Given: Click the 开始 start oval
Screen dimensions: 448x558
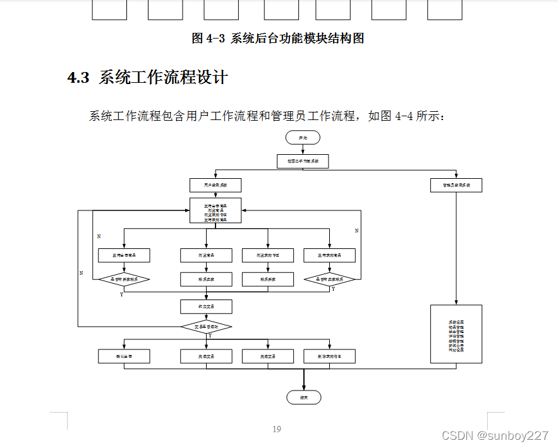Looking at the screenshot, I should pos(303,137).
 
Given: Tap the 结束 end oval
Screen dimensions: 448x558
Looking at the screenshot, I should pos(303,397).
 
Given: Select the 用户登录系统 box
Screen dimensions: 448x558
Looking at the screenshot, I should pos(215,185).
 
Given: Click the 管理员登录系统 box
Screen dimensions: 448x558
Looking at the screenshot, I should pos(456,185).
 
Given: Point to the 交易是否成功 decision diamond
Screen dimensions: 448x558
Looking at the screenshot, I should pos(206,327).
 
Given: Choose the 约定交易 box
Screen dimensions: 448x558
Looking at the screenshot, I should pos(206,307).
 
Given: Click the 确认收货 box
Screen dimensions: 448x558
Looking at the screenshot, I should pos(124,356).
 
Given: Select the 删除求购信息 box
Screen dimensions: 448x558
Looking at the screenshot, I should pos(329,356).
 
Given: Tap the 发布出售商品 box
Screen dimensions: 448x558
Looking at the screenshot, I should pos(124,255).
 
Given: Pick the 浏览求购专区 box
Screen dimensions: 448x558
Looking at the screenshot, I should pos(268,255).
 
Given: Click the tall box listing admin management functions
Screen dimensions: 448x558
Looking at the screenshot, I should pos(456,334).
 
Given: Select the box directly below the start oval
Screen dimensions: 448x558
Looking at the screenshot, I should pos(303,161).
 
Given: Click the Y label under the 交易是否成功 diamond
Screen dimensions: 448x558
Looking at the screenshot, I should pos(210,336).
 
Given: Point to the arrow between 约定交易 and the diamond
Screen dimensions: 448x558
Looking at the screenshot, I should pos(206,317).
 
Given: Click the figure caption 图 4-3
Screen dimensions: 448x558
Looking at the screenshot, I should pos(208,38).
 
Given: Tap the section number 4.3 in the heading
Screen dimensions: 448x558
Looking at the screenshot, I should pos(78,78).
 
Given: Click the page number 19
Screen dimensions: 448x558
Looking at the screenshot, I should pos(277,430).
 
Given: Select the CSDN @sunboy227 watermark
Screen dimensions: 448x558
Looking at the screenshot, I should pos(495,436).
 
